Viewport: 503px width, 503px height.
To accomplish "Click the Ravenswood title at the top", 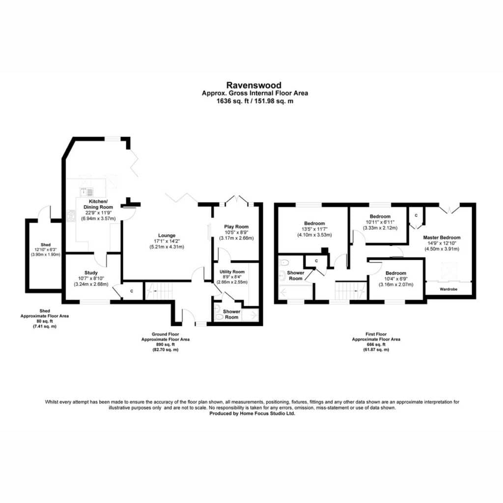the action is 254,85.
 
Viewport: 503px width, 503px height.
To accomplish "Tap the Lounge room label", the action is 167,235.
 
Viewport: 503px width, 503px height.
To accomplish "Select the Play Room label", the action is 236,226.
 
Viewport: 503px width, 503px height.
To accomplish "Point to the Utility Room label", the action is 232,272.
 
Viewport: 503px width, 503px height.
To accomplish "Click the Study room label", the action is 91,273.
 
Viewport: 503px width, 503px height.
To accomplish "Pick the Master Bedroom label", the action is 442,237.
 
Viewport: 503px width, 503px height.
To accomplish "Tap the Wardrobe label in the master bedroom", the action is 448,289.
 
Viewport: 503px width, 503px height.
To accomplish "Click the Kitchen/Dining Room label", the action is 98,204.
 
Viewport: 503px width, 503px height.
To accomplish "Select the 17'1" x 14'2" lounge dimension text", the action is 167,241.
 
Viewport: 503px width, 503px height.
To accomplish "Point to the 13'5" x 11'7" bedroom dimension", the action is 314,229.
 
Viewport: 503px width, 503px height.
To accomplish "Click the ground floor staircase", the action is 159,291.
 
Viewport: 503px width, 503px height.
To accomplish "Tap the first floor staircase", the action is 351,291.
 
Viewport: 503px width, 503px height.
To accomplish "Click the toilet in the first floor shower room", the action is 283,262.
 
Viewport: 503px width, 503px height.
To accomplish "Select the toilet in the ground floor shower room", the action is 220,317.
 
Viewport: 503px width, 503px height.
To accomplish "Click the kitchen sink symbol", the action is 86,192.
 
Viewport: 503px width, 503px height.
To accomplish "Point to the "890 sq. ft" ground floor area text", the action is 166,344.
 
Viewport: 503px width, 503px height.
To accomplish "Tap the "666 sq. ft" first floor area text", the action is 376,344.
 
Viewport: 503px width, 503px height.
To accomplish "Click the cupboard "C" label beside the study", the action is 132,291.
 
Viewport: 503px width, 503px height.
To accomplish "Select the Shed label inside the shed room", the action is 46,245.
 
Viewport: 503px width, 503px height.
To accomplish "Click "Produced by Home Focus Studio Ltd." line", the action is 252,414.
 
